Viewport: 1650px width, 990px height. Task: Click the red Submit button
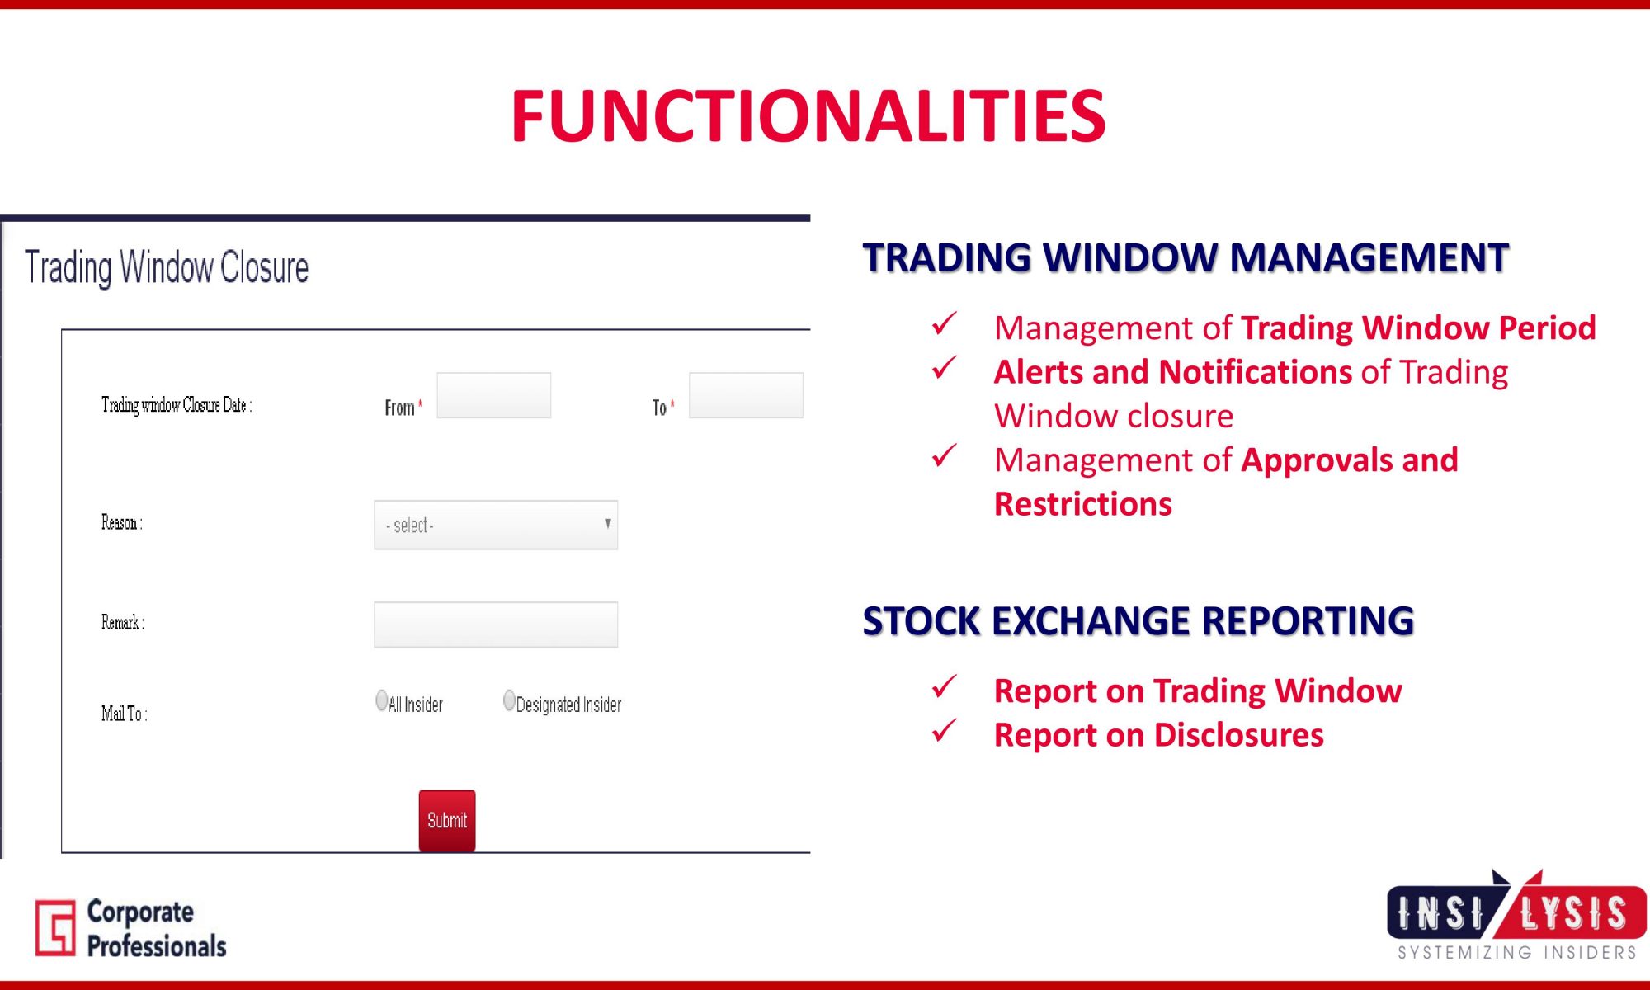[447, 820]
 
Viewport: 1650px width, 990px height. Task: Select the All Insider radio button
[381, 700]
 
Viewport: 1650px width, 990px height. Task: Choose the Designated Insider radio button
[509, 700]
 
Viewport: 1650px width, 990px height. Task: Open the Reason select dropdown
[496, 525]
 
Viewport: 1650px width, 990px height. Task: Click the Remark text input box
[496, 625]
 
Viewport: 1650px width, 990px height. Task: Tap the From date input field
[494, 395]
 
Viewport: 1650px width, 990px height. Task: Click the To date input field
[746, 395]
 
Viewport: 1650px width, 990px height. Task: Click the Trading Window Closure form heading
[167, 267]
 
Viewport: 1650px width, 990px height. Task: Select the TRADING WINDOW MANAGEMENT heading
[1186, 257]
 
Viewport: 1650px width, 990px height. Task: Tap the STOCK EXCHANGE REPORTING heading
[1138, 621]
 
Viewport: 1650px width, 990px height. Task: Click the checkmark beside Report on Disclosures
[945, 730]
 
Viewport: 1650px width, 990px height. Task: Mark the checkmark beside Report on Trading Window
[945, 686]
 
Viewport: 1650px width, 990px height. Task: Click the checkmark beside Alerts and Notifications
[945, 368]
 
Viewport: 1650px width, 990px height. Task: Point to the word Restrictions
[1083, 504]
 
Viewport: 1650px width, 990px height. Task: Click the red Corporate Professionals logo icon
[55, 928]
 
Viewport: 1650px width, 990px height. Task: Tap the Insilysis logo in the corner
[1516, 914]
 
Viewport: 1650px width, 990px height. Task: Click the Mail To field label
[125, 714]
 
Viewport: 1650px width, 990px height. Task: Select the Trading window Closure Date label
[177, 405]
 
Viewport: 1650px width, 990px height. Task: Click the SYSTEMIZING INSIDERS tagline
[1517, 953]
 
